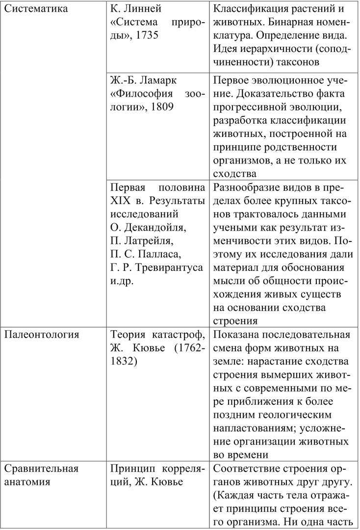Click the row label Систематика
[34, 9]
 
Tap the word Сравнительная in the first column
[41, 468]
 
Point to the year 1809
[160, 106]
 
